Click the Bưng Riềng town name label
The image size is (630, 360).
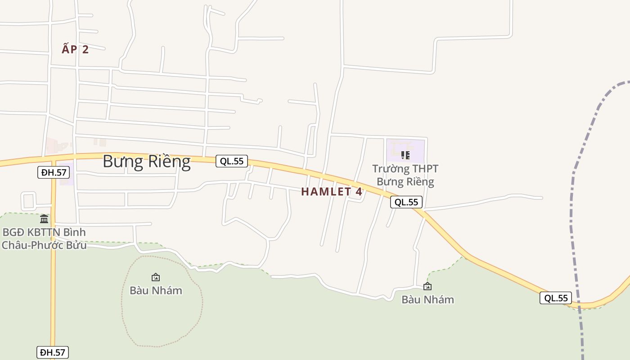click(x=147, y=161)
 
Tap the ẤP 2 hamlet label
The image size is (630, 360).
click(x=75, y=49)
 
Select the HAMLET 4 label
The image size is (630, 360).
click(x=331, y=192)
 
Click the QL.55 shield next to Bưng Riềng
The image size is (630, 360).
click(x=232, y=161)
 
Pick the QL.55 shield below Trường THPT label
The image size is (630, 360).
click(x=406, y=202)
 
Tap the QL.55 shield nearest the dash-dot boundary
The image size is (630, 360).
click(x=556, y=298)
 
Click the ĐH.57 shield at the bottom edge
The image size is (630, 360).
click(x=53, y=352)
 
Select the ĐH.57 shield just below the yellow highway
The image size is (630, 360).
click(x=54, y=172)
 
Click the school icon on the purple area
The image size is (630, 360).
click(x=405, y=155)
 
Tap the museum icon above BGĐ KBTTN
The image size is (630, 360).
click(x=44, y=219)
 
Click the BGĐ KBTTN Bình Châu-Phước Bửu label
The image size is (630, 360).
click(x=44, y=239)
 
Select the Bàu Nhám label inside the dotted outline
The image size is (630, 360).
click(x=156, y=291)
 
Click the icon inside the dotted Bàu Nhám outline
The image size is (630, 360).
click(x=156, y=277)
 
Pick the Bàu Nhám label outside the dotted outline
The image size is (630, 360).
click(x=427, y=300)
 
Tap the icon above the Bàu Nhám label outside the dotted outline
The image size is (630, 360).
click(x=427, y=286)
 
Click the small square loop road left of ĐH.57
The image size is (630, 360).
click(x=28, y=200)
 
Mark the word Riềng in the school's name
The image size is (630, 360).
click(x=418, y=182)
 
